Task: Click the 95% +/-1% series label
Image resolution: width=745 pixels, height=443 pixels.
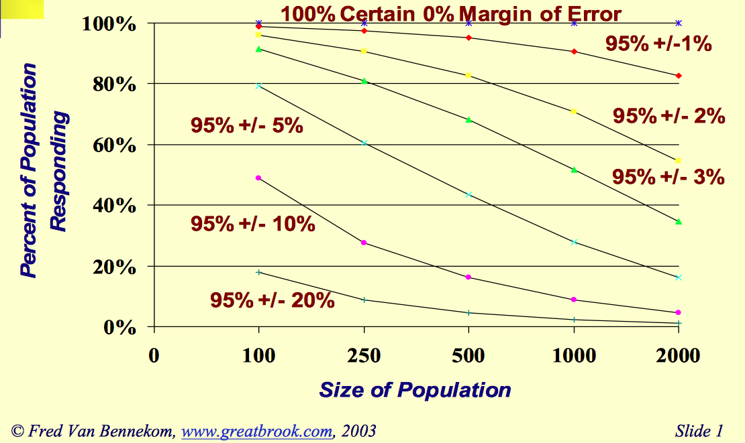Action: coord(658,44)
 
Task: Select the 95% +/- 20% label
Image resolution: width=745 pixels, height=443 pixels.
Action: coord(272,300)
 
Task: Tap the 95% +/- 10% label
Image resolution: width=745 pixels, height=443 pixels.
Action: coord(253,223)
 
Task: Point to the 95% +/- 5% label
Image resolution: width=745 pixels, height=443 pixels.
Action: coord(247,125)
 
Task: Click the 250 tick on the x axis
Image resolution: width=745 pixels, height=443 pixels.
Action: coord(363,355)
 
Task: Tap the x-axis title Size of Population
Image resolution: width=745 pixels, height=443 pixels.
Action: coord(415,389)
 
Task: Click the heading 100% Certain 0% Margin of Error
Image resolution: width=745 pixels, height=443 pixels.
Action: coord(450,13)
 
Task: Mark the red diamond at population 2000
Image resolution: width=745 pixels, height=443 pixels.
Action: coord(679,76)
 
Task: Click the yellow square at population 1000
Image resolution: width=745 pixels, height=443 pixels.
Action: coord(573,111)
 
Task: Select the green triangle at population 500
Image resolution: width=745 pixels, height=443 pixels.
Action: coord(468,120)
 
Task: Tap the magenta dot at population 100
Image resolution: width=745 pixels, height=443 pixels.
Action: coord(258,178)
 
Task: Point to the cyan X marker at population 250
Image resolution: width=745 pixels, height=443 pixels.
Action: coord(364,143)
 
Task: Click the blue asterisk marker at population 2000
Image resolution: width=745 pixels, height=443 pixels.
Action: coord(679,23)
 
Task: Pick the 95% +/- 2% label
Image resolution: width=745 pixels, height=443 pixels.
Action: coord(668,116)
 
